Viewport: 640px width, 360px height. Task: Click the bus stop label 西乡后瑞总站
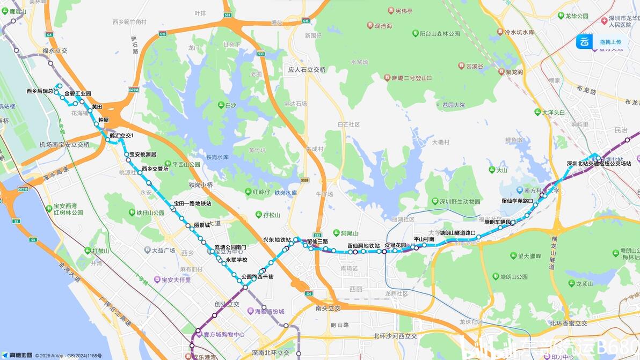42,91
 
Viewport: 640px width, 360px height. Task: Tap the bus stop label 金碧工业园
78,93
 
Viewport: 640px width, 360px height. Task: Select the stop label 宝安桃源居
142,155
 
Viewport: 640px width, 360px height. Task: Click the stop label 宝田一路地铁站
192,204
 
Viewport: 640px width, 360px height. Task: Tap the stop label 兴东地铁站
277,240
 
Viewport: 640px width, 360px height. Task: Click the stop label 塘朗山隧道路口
457,233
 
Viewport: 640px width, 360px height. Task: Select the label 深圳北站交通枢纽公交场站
599,164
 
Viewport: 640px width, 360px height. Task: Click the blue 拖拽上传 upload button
601,42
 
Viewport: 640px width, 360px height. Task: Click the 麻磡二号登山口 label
411,78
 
